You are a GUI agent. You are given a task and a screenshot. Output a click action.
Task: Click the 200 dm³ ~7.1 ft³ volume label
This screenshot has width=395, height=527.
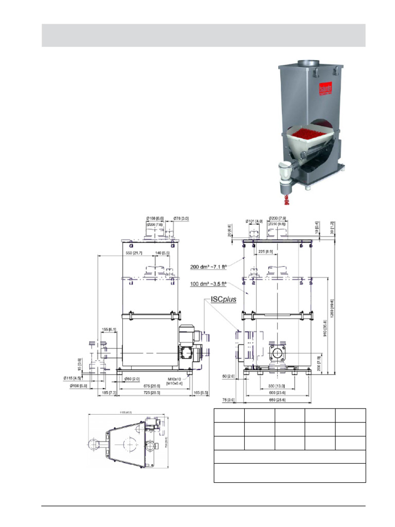tap(208, 267)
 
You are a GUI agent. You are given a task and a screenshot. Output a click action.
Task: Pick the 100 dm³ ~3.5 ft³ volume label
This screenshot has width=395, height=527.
tap(208, 284)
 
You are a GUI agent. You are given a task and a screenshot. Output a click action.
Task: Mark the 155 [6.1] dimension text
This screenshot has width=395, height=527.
tap(109, 329)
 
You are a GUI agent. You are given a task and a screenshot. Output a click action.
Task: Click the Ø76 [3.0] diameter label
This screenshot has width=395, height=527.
tap(181, 218)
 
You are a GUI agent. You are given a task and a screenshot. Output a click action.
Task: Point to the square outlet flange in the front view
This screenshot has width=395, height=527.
tap(278, 353)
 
